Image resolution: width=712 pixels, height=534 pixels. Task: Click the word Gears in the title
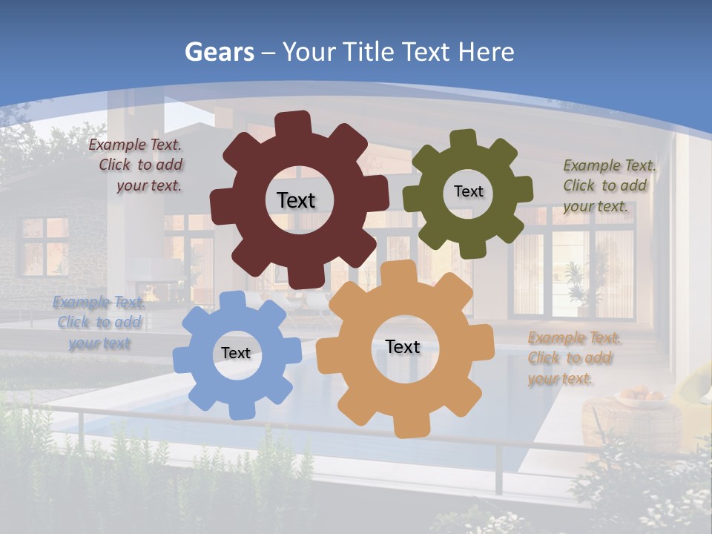220,52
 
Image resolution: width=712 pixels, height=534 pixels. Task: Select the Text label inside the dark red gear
296,200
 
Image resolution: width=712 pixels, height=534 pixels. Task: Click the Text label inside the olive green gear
468,191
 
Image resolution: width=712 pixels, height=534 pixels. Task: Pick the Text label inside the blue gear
236,353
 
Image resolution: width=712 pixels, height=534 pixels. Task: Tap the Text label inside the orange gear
403,346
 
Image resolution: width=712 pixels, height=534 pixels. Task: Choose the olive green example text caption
608,185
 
